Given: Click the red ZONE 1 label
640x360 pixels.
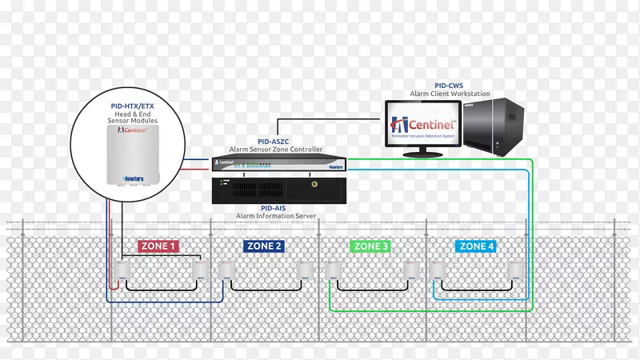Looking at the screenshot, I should (x=158, y=246).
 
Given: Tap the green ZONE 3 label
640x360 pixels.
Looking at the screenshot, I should (x=370, y=246).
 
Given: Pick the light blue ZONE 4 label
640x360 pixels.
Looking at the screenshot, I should (x=474, y=246).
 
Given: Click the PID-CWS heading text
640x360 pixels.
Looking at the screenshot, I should (x=450, y=84).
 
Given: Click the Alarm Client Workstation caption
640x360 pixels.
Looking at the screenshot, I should (x=450, y=93).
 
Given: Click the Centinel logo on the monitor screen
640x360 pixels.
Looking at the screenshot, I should (x=422, y=125).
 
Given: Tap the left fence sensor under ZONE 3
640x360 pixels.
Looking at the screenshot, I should (x=334, y=272).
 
